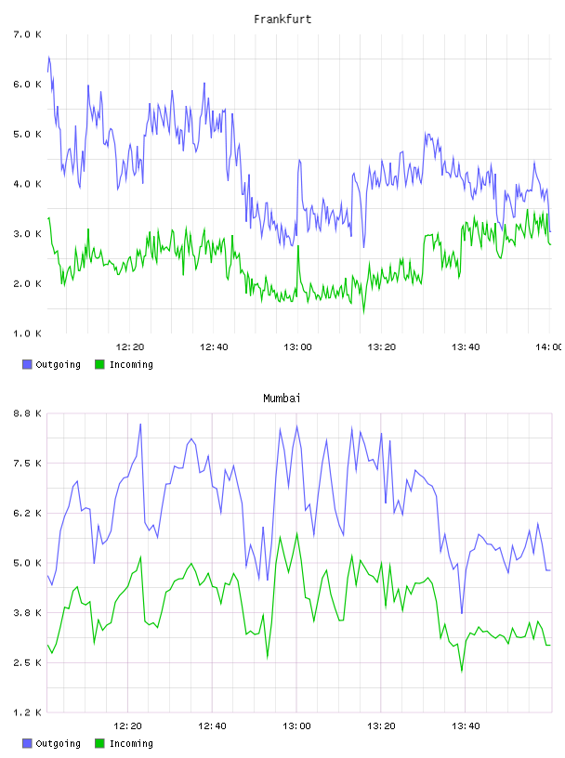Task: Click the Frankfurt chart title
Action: (x=282, y=20)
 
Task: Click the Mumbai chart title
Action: (x=282, y=399)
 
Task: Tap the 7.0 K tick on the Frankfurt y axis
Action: (x=27, y=34)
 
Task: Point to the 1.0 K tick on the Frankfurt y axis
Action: (x=27, y=333)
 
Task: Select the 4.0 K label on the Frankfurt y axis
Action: (x=27, y=184)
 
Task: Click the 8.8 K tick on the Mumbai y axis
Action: (x=27, y=413)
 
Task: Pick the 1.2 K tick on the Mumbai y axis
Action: (x=27, y=712)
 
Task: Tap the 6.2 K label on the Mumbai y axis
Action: (x=27, y=514)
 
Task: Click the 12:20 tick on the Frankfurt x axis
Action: (x=130, y=347)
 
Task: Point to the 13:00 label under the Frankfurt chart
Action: (x=298, y=347)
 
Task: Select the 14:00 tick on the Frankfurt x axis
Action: (x=549, y=347)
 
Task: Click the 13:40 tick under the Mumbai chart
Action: (x=466, y=726)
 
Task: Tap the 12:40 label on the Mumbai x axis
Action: (x=212, y=726)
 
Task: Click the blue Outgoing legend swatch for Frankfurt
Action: (x=27, y=364)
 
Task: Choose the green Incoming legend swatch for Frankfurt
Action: (x=99, y=364)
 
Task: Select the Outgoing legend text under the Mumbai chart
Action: (x=58, y=743)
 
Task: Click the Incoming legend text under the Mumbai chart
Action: (x=131, y=743)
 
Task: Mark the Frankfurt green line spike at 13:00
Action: (x=298, y=246)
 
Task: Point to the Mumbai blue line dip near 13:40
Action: (x=462, y=613)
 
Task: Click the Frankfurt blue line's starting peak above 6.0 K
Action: (x=49, y=57)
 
